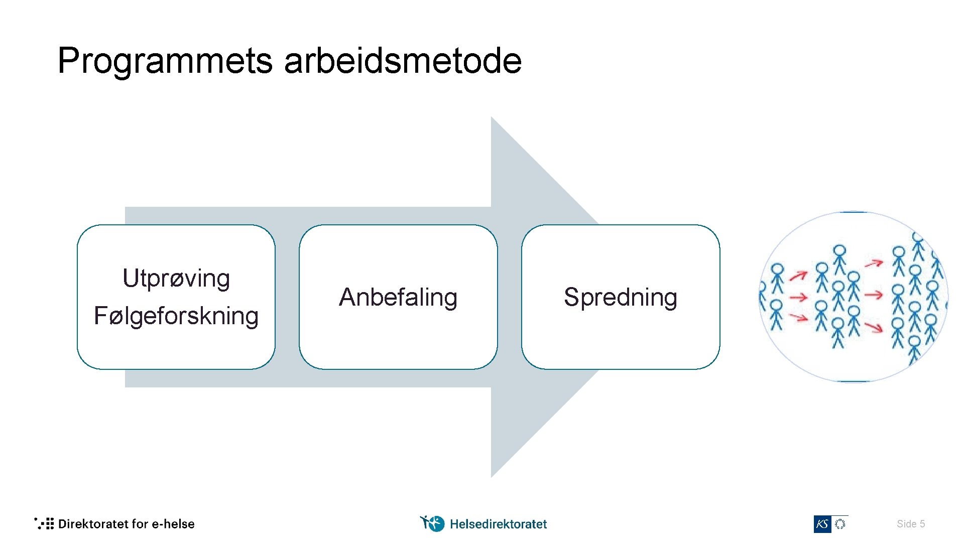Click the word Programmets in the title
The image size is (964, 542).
point(165,61)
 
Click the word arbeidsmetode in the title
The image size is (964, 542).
point(403,61)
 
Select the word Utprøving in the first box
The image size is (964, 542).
point(176,279)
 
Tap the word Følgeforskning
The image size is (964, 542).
point(176,316)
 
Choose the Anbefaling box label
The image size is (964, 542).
point(398,297)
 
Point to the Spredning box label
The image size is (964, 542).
point(621,297)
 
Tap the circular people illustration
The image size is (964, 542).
point(853,297)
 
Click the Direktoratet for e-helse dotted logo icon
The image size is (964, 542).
point(44,523)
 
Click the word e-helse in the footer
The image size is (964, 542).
point(173,524)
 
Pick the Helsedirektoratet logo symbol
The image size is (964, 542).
point(432,523)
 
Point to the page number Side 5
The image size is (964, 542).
point(910,524)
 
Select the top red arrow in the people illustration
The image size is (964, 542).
point(874,262)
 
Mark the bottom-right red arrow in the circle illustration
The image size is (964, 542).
point(874,328)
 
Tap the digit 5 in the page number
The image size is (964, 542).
point(922,524)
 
